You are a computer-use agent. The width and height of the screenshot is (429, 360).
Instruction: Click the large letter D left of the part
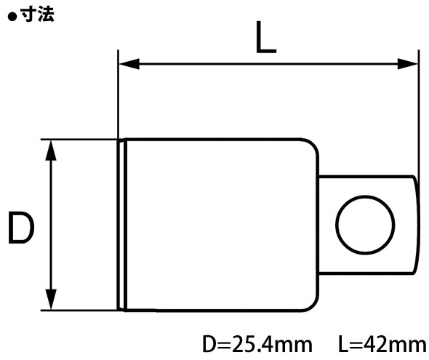click(x=21, y=228)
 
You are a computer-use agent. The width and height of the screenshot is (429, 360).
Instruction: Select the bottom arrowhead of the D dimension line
click(x=51, y=302)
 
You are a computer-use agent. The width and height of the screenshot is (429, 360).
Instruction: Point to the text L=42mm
click(x=381, y=343)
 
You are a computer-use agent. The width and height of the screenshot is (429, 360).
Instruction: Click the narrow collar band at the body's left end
click(x=122, y=224)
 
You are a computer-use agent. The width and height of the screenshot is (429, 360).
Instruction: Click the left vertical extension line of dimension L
click(x=118, y=95)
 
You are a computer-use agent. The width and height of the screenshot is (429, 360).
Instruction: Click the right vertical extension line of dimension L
click(x=420, y=109)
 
